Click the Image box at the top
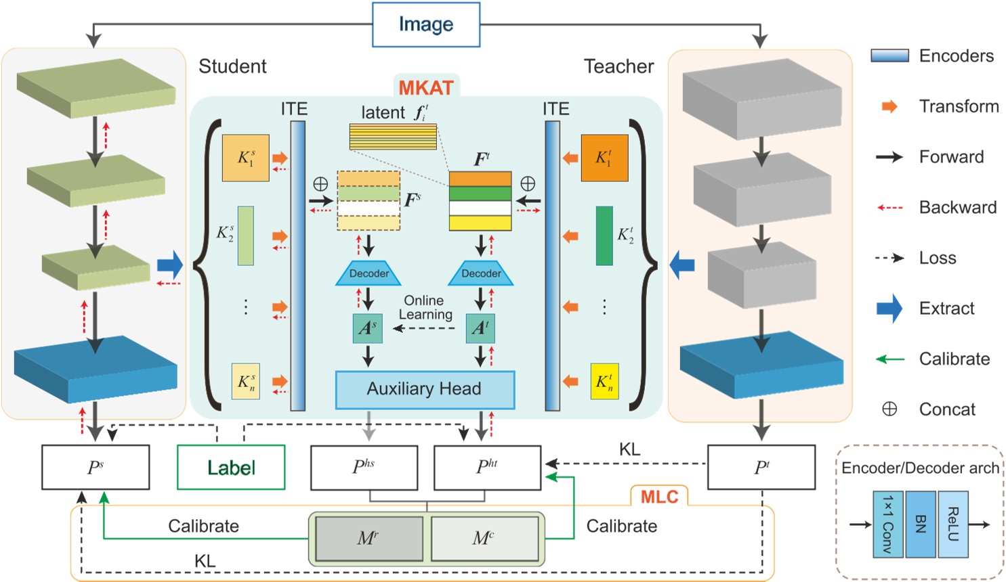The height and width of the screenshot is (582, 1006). coord(426,25)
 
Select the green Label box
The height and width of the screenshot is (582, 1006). coord(231,467)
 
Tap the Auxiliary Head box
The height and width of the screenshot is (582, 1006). coord(425,389)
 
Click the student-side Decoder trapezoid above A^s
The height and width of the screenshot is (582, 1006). coord(369,273)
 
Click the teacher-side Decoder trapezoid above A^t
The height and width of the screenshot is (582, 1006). coord(481,273)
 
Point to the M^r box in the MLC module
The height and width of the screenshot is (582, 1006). coord(369,539)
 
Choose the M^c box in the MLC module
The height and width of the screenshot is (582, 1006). coord(484,539)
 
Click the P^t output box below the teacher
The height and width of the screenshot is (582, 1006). coord(761,467)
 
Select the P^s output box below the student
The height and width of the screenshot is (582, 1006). coord(96,467)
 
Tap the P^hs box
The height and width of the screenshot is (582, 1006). coord(364,467)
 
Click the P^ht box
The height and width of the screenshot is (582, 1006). coord(487,467)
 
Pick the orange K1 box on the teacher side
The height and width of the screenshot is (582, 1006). coord(604,158)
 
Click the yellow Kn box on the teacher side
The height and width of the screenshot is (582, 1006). coord(604,382)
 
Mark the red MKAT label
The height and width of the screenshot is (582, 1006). coord(425,88)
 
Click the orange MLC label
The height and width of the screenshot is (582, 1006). coord(659,497)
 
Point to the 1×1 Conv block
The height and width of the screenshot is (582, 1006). coord(887,524)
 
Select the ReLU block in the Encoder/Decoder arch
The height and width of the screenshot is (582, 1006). coord(952,524)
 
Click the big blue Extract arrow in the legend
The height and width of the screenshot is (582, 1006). coord(889,309)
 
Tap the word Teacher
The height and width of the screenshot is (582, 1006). coord(619,66)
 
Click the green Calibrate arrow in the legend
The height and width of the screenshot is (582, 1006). coord(890,359)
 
